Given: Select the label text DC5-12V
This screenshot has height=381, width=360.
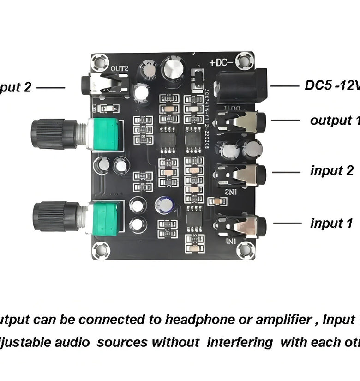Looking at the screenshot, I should tap(332, 85).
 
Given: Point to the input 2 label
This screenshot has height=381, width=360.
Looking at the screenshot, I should tap(332, 171).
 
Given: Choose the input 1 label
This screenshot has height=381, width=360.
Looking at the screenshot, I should tap(331, 224).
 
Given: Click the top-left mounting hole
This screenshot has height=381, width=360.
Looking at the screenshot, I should tap(100, 61).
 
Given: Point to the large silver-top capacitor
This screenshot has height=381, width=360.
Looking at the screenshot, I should tap(174, 70).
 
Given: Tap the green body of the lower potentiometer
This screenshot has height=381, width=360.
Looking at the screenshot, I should tap(107, 217).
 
